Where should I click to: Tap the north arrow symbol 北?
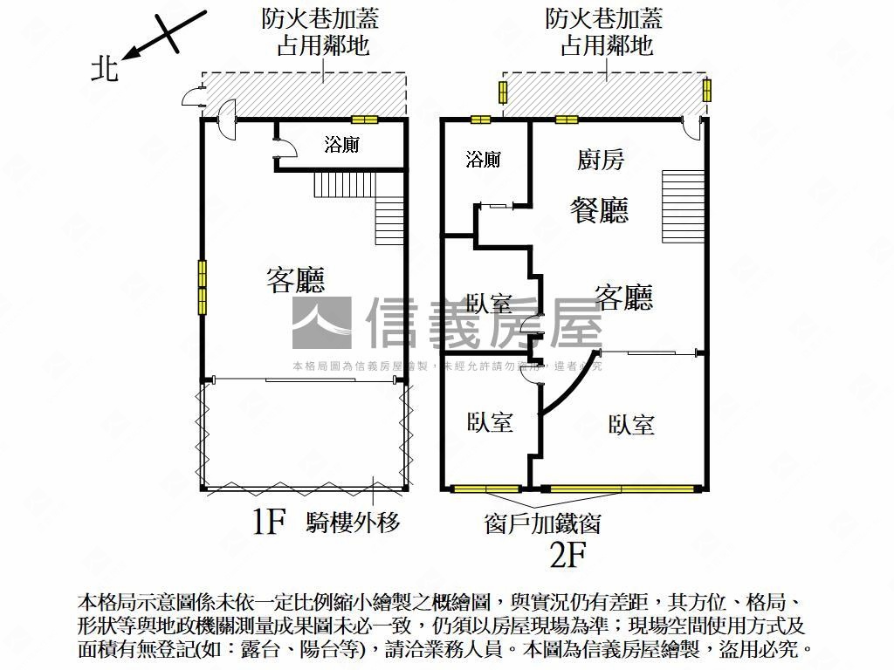coord(105,69)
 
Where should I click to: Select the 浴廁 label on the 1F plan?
coord(341,145)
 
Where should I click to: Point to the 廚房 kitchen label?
coord(601,160)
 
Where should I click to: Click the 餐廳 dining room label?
coord(599,210)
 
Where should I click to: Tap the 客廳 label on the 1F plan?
coord(295,280)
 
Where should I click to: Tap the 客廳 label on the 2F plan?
coord(623,297)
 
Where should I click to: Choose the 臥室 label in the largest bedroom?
coord(631,425)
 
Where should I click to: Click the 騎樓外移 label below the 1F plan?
coord(353,523)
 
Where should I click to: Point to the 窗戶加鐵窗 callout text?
coord(542,523)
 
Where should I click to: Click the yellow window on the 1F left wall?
coord(203,287)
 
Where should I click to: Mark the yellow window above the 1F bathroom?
coord(364,120)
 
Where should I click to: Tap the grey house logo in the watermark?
coord(321,324)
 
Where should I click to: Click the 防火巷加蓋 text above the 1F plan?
coord(320,18)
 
